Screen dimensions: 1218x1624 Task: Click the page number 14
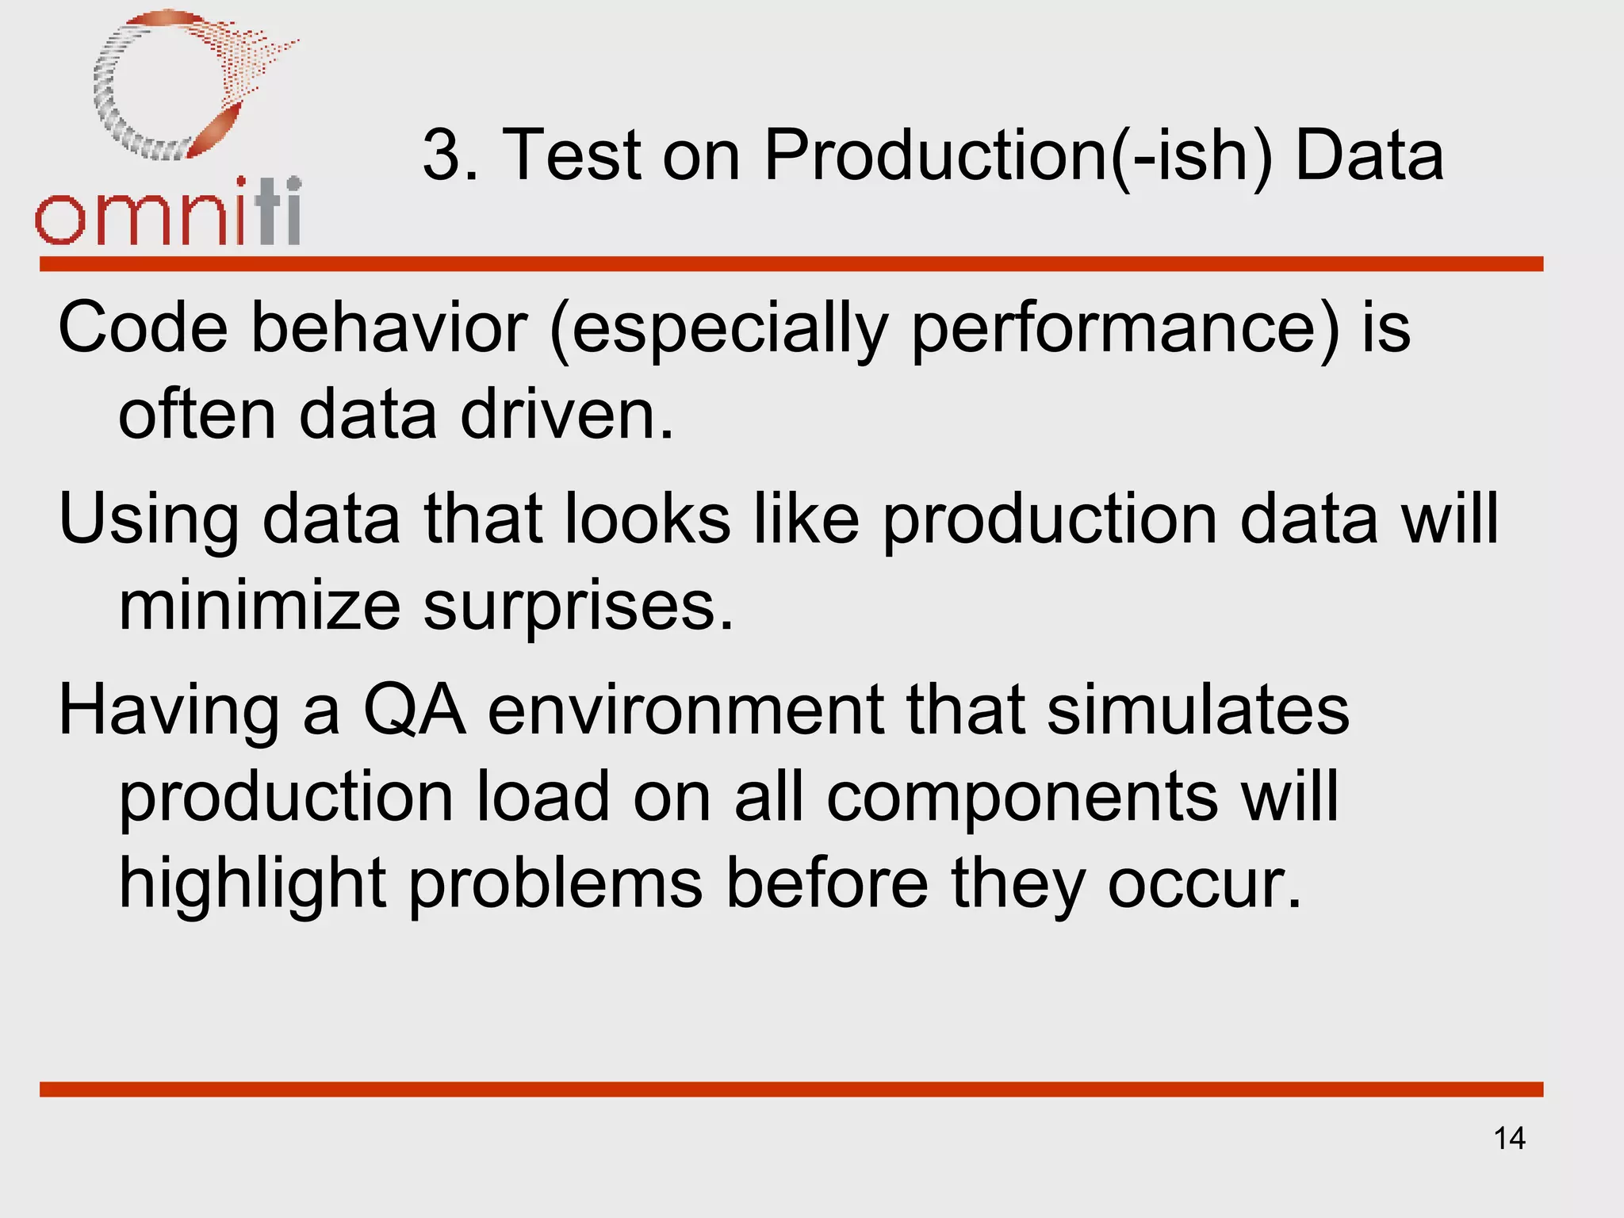[x=1509, y=1139]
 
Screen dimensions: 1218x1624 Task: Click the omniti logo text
[x=168, y=213]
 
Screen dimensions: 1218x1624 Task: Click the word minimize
[x=259, y=606]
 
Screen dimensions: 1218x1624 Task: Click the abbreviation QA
[x=413, y=710]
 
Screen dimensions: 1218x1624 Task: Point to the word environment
[x=684, y=710]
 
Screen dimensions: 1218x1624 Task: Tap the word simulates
[x=1197, y=710]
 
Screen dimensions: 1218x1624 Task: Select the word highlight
[x=252, y=885]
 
